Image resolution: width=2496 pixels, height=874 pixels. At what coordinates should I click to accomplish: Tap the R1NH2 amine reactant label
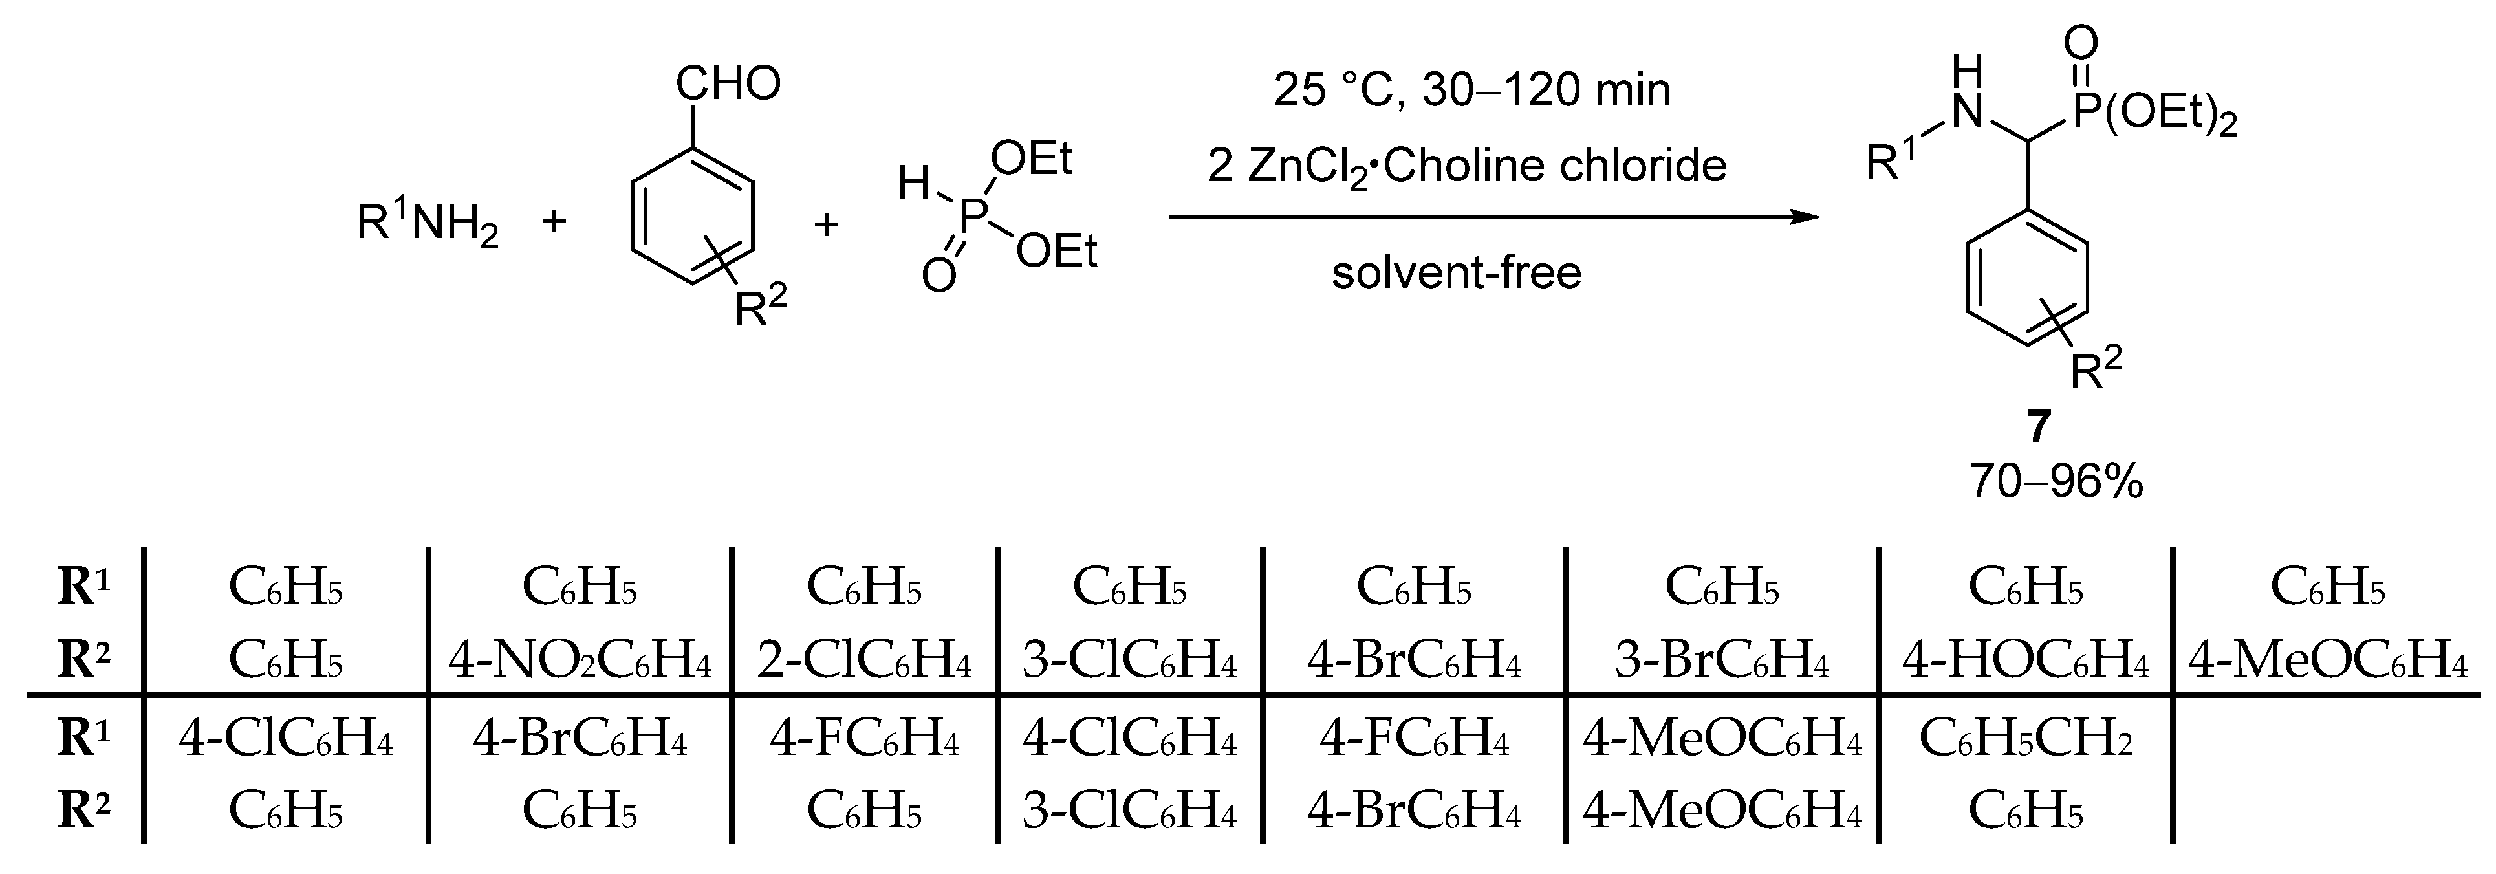tap(428, 224)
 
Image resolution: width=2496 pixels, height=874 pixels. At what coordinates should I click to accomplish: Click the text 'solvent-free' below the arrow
tap(1457, 272)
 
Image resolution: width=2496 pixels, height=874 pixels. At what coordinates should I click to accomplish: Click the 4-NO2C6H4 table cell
tap(580, 661)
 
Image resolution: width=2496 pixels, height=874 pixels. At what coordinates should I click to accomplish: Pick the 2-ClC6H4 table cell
tap(863, 661)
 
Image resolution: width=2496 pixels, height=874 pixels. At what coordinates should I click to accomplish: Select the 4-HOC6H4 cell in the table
tap(2025, 661)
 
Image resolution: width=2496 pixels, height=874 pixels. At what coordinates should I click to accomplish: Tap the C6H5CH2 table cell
tap(2025, 740)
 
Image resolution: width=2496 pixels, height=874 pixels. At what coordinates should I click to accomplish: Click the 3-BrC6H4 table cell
tap(1722, 661)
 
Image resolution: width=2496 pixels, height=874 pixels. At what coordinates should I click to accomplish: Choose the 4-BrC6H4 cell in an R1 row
tap(580, 740)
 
